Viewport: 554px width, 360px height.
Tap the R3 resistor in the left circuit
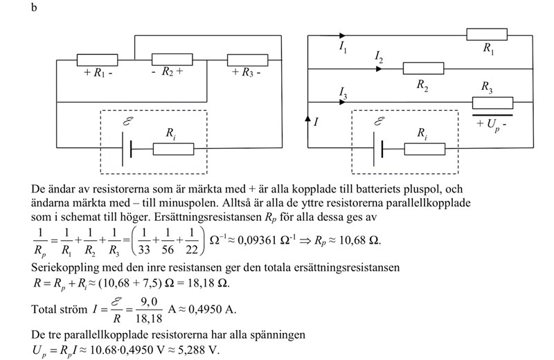coord(247,60)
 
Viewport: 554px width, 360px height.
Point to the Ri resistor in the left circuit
coord(173,148)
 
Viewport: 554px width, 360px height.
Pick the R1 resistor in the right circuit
coord(488,35)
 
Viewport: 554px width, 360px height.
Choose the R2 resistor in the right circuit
coord(423,69)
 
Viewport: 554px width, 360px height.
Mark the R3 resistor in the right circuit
coord(492,102)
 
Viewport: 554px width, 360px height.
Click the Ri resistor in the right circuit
coord(424,148)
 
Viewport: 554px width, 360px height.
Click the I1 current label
coord(344,48)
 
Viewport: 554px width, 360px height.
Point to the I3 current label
coord(343,91)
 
